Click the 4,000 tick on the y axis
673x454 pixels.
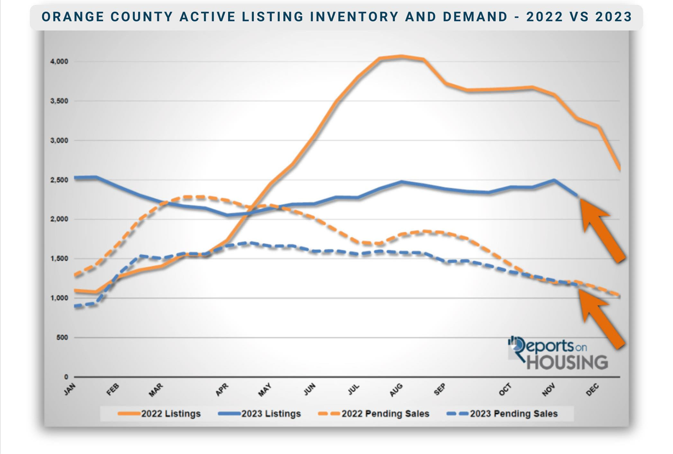click(59, 61)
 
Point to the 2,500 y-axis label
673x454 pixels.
click(59, 180)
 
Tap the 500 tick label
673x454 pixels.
click(62, 337)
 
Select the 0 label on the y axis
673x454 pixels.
click(66, 377)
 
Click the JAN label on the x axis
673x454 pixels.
click(70, 389)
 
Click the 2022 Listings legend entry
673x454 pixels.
click(159, 414)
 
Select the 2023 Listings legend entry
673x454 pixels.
click(259, 414)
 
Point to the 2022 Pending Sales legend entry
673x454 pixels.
click(373, 414)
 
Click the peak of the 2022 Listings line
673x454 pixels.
click(401, 57)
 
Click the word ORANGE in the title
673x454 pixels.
click(73, 17)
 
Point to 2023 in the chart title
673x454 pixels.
click(614, 17)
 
